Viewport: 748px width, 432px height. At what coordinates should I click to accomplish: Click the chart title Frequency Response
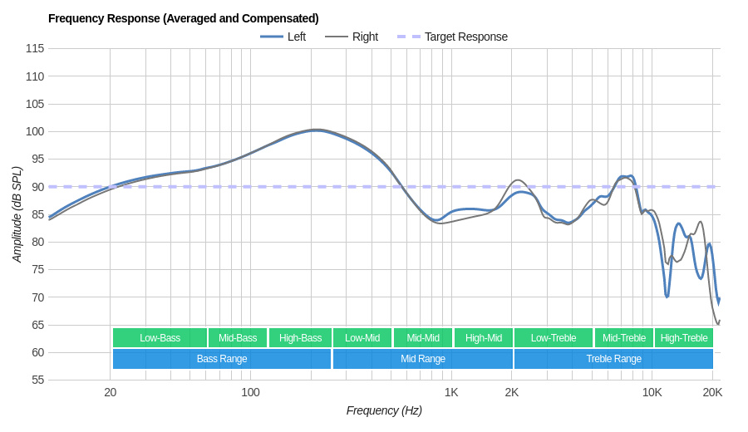pyautogui.click(x=183, y=18)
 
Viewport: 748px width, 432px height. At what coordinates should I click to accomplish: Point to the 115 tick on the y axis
pyautogui.click(x=35, y=48)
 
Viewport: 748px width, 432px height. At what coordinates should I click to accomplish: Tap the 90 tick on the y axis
pyautogui.click(x=38, y=187)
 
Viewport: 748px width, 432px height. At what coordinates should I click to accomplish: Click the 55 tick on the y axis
pyautogui.click(x=38, y=380)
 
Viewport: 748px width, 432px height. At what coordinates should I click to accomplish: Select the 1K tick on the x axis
pyautogui.click(x=451, y=392)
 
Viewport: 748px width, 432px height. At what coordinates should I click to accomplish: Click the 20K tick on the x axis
pyautogui.click(x=712, y=392)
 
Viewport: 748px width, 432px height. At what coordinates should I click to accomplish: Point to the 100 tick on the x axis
pyautogui.click(x=250, y=392)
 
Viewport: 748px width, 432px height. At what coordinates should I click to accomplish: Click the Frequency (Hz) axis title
pyautogui.click(x=384, y=410)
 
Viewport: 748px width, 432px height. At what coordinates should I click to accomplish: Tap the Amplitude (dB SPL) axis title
pyautogui.click(x=17, y=214)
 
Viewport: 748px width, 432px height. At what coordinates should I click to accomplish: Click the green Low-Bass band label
pyautogui.click(x=160, y=338)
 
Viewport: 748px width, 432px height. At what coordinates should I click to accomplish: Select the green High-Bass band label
pyautogui.click(x=300, y=338)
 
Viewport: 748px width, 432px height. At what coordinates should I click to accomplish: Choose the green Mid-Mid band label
pyautogui.click(x=423, y=338)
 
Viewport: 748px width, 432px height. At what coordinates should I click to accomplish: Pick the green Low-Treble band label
pyautogui.click(x=554, y=338)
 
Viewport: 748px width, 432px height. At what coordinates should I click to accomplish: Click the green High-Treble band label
pyautogui.click(x=684, y=338)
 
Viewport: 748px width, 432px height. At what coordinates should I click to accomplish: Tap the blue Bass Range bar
pyautogui.click(x=222, y=359)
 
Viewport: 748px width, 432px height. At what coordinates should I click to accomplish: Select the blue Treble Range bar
pyautogui.click(x=613, y=359)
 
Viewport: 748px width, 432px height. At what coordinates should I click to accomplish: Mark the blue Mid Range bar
pyautogui.click(x=423, y=359)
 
